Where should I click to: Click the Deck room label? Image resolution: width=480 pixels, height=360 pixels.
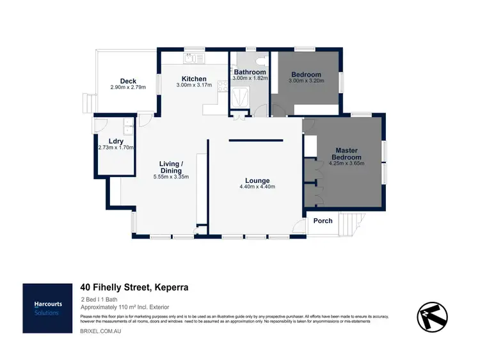[128, 81]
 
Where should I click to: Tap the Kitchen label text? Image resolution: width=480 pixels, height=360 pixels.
[193, 79]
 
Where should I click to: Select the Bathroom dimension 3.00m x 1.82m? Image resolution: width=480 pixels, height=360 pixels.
[250, 79]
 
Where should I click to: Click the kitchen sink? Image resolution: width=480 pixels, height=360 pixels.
[191, 59]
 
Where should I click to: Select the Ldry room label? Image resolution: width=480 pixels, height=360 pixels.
[116, 141]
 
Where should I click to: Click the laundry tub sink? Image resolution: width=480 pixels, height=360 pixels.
[128, 125]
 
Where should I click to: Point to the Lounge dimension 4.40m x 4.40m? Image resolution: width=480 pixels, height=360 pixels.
[257, 187]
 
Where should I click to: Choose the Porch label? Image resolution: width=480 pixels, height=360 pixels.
[323, 221]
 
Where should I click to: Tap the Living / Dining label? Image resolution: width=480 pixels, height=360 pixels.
[171, 168]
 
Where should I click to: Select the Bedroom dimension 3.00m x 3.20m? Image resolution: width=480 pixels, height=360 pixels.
[306, 81]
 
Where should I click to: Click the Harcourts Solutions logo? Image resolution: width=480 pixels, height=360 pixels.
[47, 308]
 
